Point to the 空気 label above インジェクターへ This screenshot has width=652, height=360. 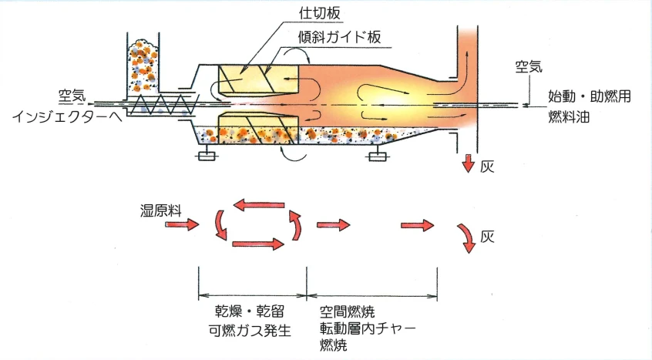tap(73, 96)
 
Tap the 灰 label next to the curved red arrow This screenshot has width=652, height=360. tap(486, 237)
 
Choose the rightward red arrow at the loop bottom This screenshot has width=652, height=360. tap(257, 245)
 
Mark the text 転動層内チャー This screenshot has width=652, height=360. tap(367, 329)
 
